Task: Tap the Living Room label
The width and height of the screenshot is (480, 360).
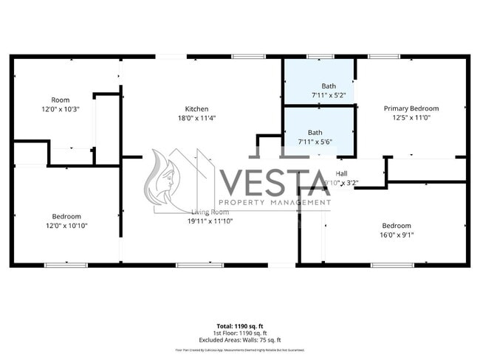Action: coord(210,212)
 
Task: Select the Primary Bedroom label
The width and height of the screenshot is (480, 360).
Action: coord(411,108)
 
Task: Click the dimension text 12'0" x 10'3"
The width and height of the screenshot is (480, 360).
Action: coord(60,108)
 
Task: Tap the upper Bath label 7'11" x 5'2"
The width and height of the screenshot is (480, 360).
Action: coord(328,95)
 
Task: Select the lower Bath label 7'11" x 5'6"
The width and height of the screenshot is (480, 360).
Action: coord(315,142)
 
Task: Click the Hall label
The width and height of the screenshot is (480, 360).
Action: coord(341,173)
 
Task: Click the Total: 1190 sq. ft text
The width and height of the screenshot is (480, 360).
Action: coord(239,325)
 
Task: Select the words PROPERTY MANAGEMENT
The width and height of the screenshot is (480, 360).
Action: coord(274,202)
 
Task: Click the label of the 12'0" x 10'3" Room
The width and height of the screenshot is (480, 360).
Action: coord(60,100)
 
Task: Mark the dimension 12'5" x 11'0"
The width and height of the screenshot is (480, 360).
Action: coord(411,118)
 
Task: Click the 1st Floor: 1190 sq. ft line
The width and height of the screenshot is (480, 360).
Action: coord(239,332)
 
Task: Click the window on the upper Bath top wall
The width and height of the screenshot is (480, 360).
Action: coord(320,56)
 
